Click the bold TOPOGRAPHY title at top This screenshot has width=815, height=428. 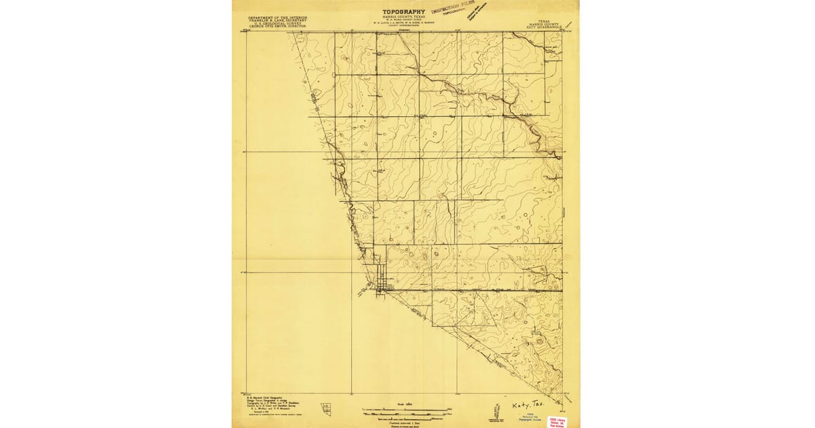coord(403,12)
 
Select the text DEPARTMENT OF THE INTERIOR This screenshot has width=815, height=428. coord(277,17)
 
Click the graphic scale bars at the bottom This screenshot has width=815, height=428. coord(406,411)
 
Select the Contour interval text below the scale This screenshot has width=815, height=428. coord(406,421)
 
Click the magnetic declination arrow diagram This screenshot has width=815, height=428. coord(493,410)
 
